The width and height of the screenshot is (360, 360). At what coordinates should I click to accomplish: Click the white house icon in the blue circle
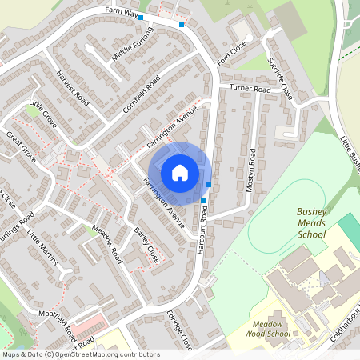click(x=180, y=172)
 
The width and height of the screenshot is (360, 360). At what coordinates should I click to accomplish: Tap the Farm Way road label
click(x=122, y=12)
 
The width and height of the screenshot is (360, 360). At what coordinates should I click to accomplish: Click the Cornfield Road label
click(x=141, y=94)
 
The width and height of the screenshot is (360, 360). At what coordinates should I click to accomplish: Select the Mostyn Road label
click(x=253, y=173)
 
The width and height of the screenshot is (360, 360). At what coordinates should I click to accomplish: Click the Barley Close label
click(x=146, y=244)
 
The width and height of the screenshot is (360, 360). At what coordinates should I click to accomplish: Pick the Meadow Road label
click(x=106, y=245)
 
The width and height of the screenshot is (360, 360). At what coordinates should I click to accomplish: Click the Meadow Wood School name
click(x=267, y=329)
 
